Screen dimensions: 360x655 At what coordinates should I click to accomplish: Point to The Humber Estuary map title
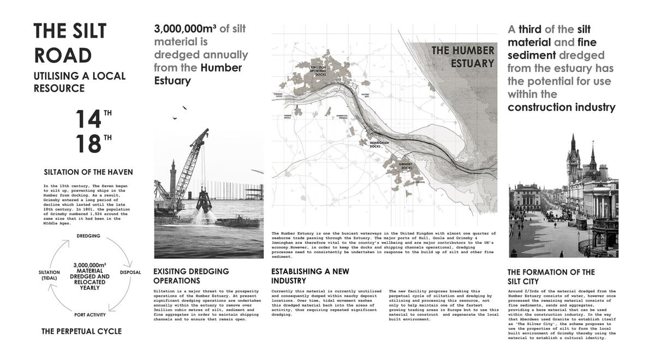pos(463,57)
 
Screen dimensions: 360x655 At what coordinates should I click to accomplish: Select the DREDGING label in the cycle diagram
pos(88,236)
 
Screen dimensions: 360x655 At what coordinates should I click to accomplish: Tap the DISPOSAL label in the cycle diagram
pos(129,272)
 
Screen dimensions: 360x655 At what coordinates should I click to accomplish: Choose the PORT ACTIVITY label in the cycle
pos(90,315)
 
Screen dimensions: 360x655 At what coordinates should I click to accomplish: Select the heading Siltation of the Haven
pos(88,172)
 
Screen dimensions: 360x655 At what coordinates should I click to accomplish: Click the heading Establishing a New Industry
pos(310,275)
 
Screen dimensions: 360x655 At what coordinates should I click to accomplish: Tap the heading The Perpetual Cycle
pos(81,331)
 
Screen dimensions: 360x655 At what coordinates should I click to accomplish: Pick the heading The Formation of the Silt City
pos(551,277)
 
